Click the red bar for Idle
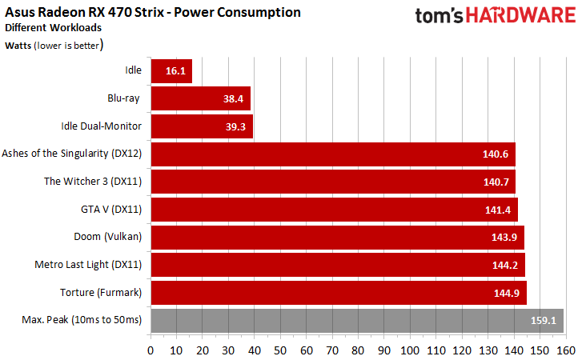click(171, 70)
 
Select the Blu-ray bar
click(200, 98)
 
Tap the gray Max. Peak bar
click(356, 321)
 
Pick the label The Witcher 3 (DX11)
click(93, 181)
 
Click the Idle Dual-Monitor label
click(102, 126)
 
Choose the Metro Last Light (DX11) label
click(88, 265)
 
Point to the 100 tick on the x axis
click(410, 350)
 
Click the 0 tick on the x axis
click(151, 350)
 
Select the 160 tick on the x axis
click(565, 350)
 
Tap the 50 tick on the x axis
click(280, 350)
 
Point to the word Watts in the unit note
click(20, 46)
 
